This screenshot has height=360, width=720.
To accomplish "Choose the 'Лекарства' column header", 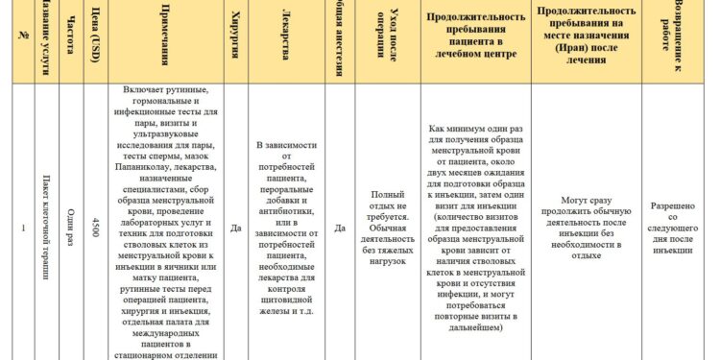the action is (x=287, y=42).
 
